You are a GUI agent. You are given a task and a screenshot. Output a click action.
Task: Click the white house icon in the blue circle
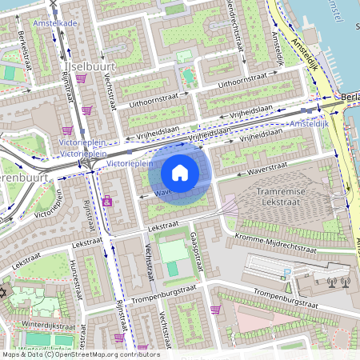click(x=179, y=172)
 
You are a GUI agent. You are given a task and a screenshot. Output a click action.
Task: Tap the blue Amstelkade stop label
click(x=55, y=24)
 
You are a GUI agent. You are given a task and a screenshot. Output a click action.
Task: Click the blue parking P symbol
click(x=286, y=274)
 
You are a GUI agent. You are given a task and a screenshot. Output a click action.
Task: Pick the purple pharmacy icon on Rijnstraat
click(x=107, y=202)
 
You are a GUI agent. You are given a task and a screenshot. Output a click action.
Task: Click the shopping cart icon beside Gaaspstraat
click(x=215, y=309)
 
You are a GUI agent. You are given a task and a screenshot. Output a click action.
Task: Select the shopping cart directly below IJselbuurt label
click(x=86, y=110)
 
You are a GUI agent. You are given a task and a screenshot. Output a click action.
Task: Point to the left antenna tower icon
click(x=332, y=281)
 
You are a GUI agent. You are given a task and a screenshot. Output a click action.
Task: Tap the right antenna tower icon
click(x=346, y=281)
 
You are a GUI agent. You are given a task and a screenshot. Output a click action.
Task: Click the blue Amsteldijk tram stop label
click(x=308, y=125)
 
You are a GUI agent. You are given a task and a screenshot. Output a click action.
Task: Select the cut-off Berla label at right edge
click(x=350, y=97)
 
